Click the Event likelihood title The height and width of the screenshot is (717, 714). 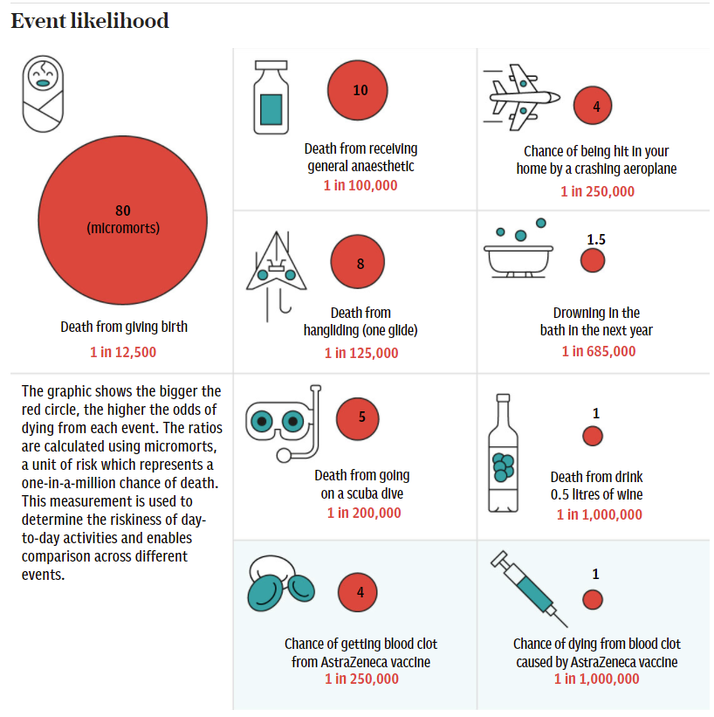pyautogui.click(x=90, y=21)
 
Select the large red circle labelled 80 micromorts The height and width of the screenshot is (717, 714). pyautogui.click(x=122, y=218)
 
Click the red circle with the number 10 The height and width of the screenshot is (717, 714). pyautogui.click(x=360, y=91)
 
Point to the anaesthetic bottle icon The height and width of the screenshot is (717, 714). pyautogui.click(x=271, y=97)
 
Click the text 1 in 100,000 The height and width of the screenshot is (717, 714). pyautogui.click(x=360, y=185)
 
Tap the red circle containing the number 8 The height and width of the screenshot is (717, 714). pyautogui.click(x=360, y=264)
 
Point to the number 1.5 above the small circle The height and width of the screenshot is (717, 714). pyautogui.click(x=596, y=238)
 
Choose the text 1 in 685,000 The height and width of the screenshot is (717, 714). pyautogui.click(x=599, y=351)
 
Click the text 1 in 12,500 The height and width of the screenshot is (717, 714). pyautogui.click(x=123, y=352)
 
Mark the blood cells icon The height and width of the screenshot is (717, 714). pyautogui.click(x=282, y=583)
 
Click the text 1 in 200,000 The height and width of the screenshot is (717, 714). pyautogui.click(x=364, y=513)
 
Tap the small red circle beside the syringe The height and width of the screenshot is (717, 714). pyautogui.click(x=594, y=599)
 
